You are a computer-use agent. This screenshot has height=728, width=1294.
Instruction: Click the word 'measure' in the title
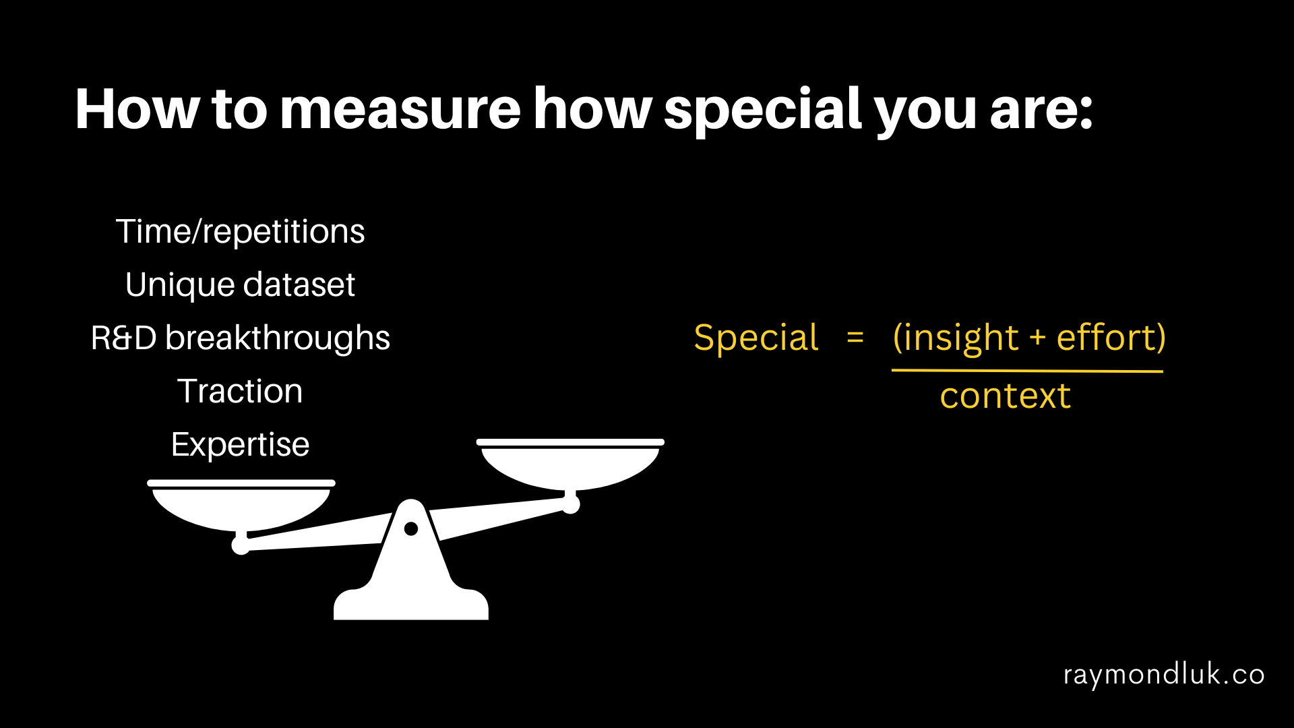tap(400, 111)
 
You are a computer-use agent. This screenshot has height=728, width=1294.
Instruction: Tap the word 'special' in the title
tap(763, 112)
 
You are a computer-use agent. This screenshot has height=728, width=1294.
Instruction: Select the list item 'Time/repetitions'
tap(240, 232)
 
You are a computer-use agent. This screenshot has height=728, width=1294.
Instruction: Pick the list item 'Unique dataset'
tap(240, 285)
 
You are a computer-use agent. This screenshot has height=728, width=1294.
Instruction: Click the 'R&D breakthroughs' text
tap(240, 338)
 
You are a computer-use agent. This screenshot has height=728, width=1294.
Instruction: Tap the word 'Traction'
tap(240, 391)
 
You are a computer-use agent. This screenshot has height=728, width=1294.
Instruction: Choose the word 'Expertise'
tap(240, 445)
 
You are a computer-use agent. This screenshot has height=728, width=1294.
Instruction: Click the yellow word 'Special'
tap(756, 338)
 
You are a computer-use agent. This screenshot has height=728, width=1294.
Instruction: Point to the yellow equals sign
tap(855, 337)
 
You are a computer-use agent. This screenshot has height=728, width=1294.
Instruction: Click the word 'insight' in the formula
tap(960, 338)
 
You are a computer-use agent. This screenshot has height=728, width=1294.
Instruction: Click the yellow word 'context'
tap(1006, 396)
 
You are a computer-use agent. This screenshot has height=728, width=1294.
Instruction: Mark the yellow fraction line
tap(1027, 370)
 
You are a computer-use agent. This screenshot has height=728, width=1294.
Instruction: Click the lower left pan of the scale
tap(241, 506)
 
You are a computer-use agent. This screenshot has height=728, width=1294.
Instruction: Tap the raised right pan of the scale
tap(570, 465)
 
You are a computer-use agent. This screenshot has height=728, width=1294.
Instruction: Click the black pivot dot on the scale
tap(411, 529)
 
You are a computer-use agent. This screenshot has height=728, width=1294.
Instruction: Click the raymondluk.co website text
tap(1164, 675)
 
